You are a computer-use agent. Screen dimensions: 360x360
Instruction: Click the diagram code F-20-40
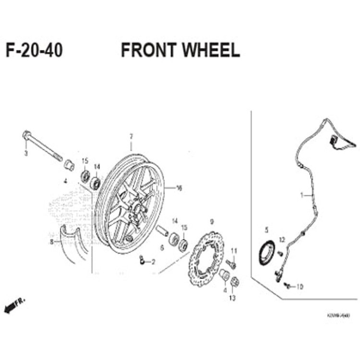[x=34, y=50]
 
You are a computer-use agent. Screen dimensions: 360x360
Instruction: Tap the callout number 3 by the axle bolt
[x=26, y=153]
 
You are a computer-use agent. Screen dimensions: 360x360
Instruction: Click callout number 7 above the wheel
[x=130, y=136]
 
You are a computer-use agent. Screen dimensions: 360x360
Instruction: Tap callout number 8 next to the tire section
[x=51, y=242]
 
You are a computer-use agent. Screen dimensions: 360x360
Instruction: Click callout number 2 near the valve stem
[x=153, y=262]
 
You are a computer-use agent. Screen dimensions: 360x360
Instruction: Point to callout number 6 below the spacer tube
[x=162, y=248]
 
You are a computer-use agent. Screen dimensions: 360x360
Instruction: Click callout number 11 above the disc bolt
[x=234, y=251]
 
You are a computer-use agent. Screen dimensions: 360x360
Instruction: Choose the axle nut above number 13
[x=234, y=282]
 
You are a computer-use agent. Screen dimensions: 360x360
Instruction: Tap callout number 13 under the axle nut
[x=232, y=298]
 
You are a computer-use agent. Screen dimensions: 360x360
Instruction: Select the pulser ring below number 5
[x=266, y=252]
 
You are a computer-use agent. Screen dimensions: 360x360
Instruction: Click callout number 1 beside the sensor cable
[x=302, y=195]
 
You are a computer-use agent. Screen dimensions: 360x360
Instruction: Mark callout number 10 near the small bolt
[x=300, y=287]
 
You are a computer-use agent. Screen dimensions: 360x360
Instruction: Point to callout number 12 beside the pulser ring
[x=282, y=240]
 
